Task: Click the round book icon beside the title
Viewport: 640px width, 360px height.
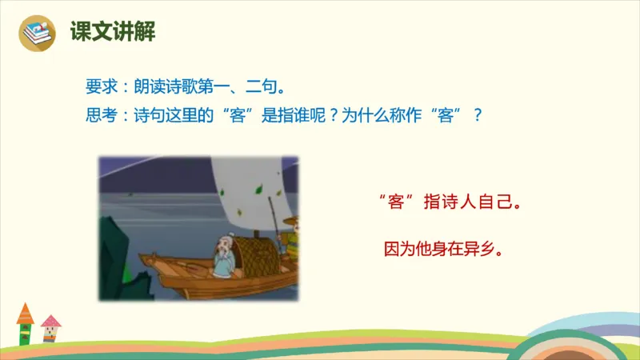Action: pos(37,32)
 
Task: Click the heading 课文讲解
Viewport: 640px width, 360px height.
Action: pos(112,33)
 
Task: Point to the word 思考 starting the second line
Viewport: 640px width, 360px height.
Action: pos(101,114)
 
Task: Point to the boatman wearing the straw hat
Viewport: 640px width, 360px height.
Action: pos(291,232)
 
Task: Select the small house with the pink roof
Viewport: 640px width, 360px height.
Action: pos(50,329)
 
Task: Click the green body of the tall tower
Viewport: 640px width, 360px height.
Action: pos(25,333)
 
